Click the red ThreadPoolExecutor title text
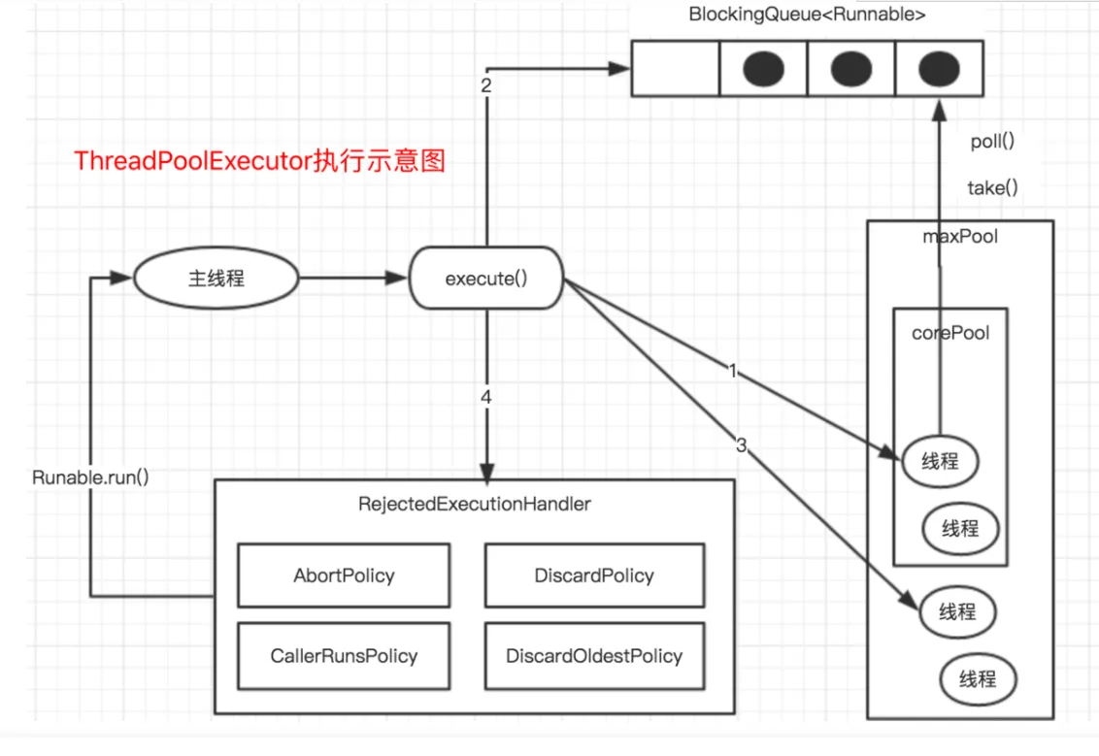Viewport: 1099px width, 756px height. tap(260, 161)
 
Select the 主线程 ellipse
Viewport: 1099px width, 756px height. tap(216, 279)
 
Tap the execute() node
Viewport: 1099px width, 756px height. tap(485, 279)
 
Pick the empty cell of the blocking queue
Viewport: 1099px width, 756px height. tap(675, 68)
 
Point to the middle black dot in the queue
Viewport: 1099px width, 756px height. tap(851, 68)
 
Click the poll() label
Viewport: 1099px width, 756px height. tap(992, 142)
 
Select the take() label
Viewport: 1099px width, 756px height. tap(992, 188)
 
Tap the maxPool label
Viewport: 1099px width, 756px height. tap(959, 236)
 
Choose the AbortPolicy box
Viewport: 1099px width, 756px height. tap(344, 575)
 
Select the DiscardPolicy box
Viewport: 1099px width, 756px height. tap(594, 575)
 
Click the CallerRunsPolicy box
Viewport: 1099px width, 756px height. tap(344, 656)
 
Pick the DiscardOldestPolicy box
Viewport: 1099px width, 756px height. tap(594, 656)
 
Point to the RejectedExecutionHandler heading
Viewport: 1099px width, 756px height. tap(474, 505)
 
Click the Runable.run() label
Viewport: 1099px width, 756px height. tap(90, 477)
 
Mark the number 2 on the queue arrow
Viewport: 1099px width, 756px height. tap(485, 85)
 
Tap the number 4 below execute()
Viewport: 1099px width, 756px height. tap(485, 397)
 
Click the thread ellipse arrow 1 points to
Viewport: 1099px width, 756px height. tap(940, 462)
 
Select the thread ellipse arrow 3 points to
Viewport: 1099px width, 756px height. tap(957, 611)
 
